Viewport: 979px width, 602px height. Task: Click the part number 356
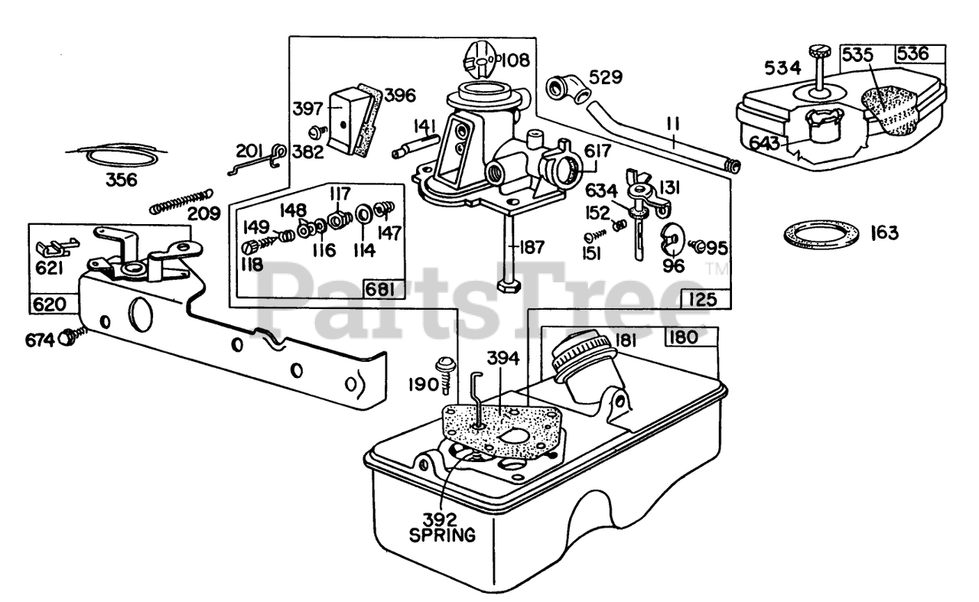point(122,180)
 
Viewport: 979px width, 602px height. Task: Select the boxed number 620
point(49,304)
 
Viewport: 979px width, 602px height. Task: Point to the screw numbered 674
point(74,337)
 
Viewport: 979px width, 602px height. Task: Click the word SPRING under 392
point(442,535)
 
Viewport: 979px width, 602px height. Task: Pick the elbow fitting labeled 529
point(568,89)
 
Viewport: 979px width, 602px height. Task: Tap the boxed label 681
point(379,289)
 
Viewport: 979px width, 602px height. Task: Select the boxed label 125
point(703,299)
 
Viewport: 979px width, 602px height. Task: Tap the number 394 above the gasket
point(503,359)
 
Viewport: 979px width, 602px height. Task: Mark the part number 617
point(597,151)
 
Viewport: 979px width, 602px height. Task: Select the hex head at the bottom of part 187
point(509,287)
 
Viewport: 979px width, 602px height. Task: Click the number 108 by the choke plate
point(516,60)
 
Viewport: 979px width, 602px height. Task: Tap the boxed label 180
point(683,337)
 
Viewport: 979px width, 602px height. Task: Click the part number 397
point(307,109)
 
